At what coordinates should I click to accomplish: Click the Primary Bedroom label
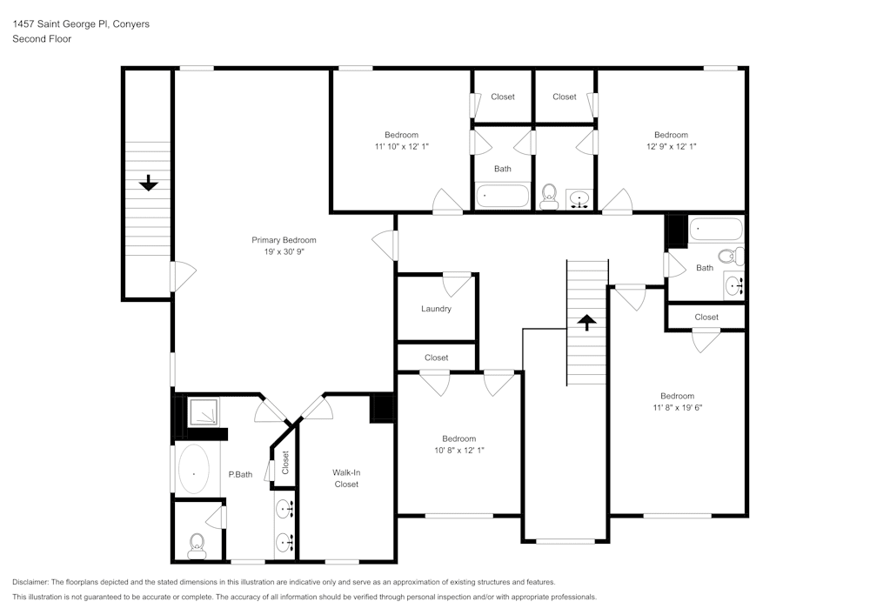coord(284,240)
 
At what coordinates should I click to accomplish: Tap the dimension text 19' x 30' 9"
coord(284,251)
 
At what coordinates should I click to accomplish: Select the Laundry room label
coord(436,309)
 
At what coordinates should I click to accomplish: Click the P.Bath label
coord(240,474)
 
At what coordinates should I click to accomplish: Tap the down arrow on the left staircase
coord(149,183)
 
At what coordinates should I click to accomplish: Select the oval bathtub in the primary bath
coord(193,470)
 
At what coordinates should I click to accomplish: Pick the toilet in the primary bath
coord(197,545)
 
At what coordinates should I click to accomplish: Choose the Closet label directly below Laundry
coord(437,358)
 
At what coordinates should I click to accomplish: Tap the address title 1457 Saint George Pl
coord(81,24)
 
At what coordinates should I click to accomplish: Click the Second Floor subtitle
coord(42,39)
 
